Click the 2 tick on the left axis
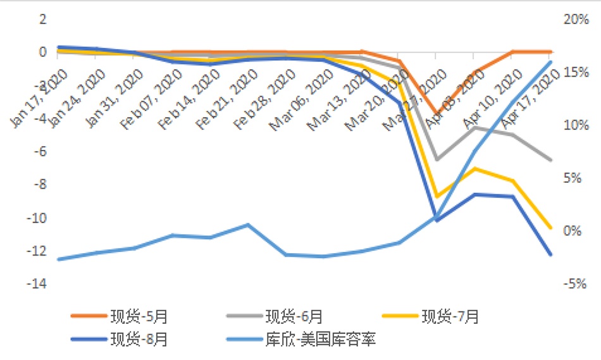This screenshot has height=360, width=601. [43, 20]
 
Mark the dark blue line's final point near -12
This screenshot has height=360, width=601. [550, 254]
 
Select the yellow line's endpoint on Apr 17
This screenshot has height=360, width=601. [550, 228]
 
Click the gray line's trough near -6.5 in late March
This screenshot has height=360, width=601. [437, 159]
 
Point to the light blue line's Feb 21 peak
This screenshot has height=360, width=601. [247, 225]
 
